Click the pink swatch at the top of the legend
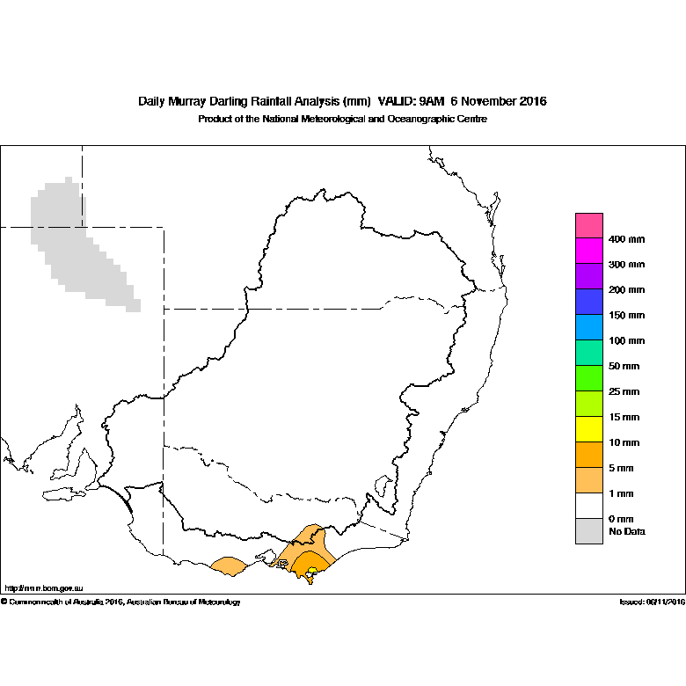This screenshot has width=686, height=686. coord(589,225)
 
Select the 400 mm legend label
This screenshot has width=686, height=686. coord(626,239)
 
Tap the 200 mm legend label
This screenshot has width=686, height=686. coord(626,289)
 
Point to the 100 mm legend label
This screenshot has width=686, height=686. coord(626,341)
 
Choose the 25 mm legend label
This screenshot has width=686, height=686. coord(624,391)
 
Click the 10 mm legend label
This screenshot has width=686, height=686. coord(624,442)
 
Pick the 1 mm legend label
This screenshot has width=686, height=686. coord(621,493)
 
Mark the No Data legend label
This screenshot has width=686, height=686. coord(627,531)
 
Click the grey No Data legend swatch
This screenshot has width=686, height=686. coord(589,531)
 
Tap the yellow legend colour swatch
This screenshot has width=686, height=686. coord(589,429)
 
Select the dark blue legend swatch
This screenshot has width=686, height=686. coord(589,302)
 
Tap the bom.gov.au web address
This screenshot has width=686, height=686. coord(44,588)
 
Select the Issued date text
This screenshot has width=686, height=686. coord(653,602)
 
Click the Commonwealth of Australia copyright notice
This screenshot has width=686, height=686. coord(120,602)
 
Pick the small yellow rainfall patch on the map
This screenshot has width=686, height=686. coord(312,570)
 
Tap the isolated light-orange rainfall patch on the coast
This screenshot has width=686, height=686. coord(230,566)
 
